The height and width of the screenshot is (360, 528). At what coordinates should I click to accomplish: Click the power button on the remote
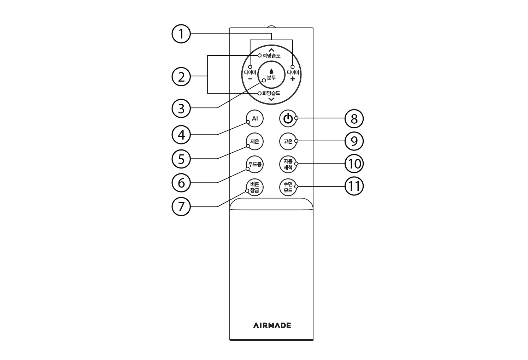(288, 118)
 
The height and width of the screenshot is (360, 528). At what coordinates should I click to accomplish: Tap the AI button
(254, 118)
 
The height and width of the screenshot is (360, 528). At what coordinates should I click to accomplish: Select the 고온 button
(288, 141)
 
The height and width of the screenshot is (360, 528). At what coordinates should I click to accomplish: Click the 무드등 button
(254, 164)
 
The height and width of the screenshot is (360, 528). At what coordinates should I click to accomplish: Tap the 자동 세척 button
(288, 164)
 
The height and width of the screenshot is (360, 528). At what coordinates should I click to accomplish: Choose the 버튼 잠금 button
(254, 187)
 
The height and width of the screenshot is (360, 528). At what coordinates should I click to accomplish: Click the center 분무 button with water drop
(271, 75)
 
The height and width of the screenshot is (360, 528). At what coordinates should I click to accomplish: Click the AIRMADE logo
(272, 325)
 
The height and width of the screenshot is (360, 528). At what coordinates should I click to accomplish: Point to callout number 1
(181, 34)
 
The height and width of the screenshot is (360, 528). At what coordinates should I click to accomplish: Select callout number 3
(181, 108)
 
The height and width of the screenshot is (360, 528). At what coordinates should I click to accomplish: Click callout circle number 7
(181, 207)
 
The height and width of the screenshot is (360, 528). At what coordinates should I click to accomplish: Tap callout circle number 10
(354, 164)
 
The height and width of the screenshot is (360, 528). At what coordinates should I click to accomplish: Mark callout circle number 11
(354, 187)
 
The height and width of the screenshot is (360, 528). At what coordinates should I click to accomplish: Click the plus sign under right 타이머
(293, 79)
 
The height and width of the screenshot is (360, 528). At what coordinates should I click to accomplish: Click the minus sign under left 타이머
(250, 79)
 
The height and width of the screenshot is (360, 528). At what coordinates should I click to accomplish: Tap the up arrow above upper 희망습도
(271, 50)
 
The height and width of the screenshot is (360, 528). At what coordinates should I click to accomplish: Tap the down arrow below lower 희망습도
(271, 99)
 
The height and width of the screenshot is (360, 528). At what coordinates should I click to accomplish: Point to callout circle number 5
(181, 159)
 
